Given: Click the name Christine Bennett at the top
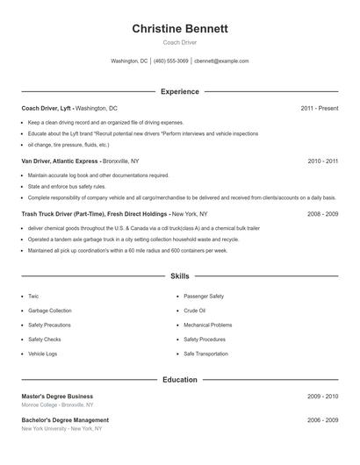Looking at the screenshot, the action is (x=180, y=29).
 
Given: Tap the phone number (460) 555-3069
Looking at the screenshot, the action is (x=171, y=61).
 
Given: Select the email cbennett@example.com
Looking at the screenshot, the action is (x=221, y=61).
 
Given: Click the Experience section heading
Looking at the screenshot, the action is (x=180, y=91).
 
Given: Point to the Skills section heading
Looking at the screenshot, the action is (x=180, y=275).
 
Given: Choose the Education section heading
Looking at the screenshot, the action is (x=180, y=380).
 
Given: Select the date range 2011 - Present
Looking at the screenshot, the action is (x=319, y=108).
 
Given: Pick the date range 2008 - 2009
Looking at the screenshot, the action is (x=322, y=213).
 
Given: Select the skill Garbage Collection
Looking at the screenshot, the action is (x=49, y=311).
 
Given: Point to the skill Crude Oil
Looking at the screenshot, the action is (x=194, y=311).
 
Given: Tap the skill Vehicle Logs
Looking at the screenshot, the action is (x=42, y=354).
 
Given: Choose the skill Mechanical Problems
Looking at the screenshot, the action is (x=208, y=325).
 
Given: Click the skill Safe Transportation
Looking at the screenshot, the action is (x=205, y=354).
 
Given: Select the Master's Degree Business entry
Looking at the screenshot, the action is (x=57, y=397).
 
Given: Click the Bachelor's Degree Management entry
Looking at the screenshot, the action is (x=65, y=420).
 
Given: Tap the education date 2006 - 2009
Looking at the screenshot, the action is (x=322, y=420).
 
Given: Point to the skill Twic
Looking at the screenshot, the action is (x=33, y=297).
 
